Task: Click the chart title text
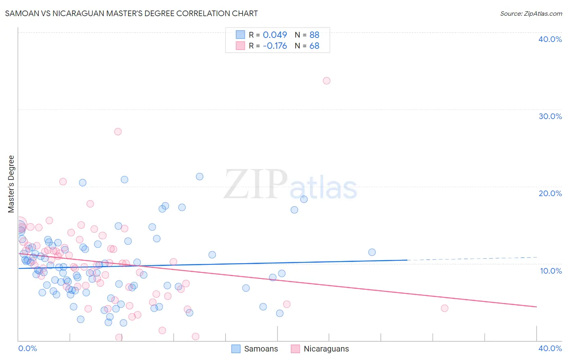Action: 131,13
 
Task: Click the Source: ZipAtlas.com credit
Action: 531,13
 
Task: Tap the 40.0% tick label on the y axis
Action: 550,39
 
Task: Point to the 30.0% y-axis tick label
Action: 550,116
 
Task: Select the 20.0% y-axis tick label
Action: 550,193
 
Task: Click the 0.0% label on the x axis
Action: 27,348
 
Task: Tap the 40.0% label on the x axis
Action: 550,348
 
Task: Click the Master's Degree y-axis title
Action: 11,184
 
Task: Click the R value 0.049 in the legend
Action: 275,35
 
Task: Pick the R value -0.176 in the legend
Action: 275,46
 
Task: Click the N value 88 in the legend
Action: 315,35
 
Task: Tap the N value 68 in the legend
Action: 315,46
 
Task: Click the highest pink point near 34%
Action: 327,81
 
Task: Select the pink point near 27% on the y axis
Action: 118,132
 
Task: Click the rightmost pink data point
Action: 444,308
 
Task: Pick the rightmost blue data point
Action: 372,252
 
